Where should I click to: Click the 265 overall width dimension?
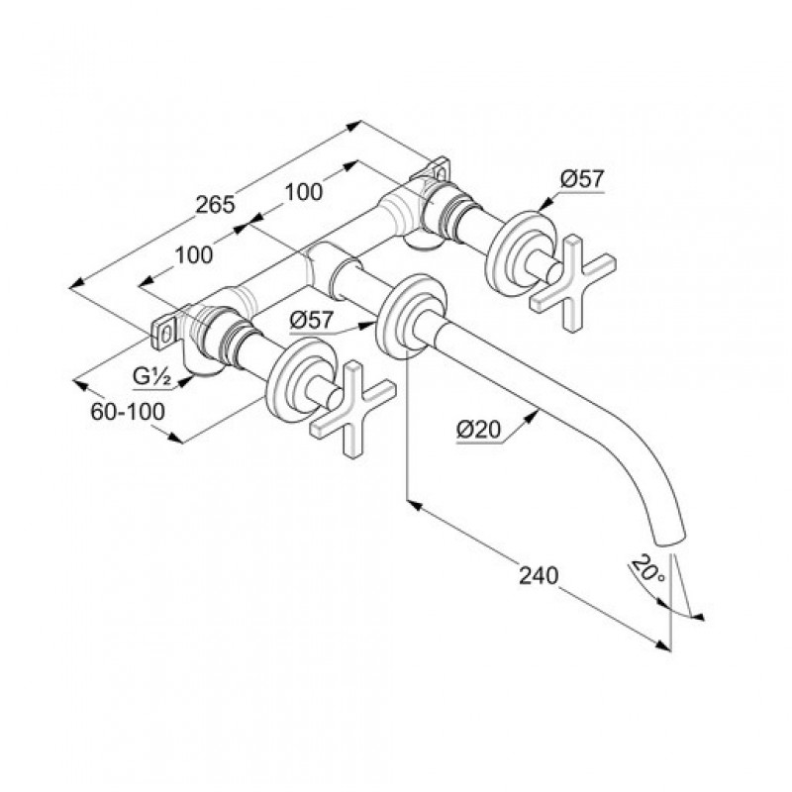216,204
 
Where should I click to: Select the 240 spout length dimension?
539,575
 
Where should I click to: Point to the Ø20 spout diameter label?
478,430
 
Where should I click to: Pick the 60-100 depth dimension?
128,412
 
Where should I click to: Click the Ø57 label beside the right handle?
582,179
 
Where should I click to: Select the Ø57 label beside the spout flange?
312,320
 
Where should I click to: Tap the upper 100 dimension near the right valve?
304,191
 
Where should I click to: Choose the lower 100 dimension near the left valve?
194,255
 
